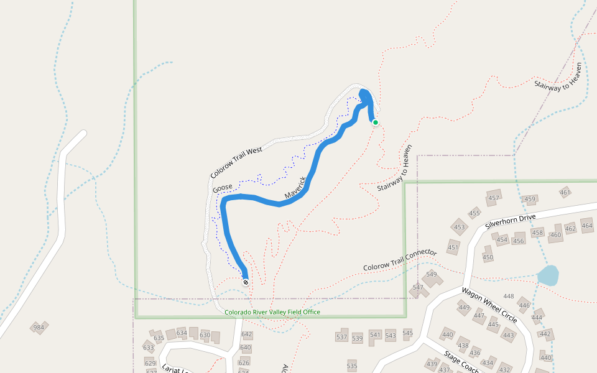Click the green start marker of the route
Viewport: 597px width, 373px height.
[376, 122]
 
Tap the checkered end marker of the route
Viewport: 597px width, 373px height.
[246, 282]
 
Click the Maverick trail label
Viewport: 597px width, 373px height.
[296, 188]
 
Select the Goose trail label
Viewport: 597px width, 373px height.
[222, 188]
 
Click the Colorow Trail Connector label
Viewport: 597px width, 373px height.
[400, 260]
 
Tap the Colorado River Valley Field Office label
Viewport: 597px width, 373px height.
[272, 312]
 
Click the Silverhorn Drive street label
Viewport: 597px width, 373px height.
[510, 221]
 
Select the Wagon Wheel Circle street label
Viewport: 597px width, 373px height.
[489, 305]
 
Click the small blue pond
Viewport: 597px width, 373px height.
[548, 275]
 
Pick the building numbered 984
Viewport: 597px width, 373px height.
[39, 327]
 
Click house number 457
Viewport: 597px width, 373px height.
[494, 198]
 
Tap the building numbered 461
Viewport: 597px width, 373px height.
[565, 192]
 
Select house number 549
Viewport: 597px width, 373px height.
[432, 274]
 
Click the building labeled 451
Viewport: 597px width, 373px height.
[453, 248]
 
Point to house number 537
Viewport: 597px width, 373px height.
[341, 337]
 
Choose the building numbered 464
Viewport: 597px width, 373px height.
[587, 225]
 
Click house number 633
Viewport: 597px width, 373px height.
[149, 347]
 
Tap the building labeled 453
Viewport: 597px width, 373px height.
[460, 227]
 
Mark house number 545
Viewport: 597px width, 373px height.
[407, 333]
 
